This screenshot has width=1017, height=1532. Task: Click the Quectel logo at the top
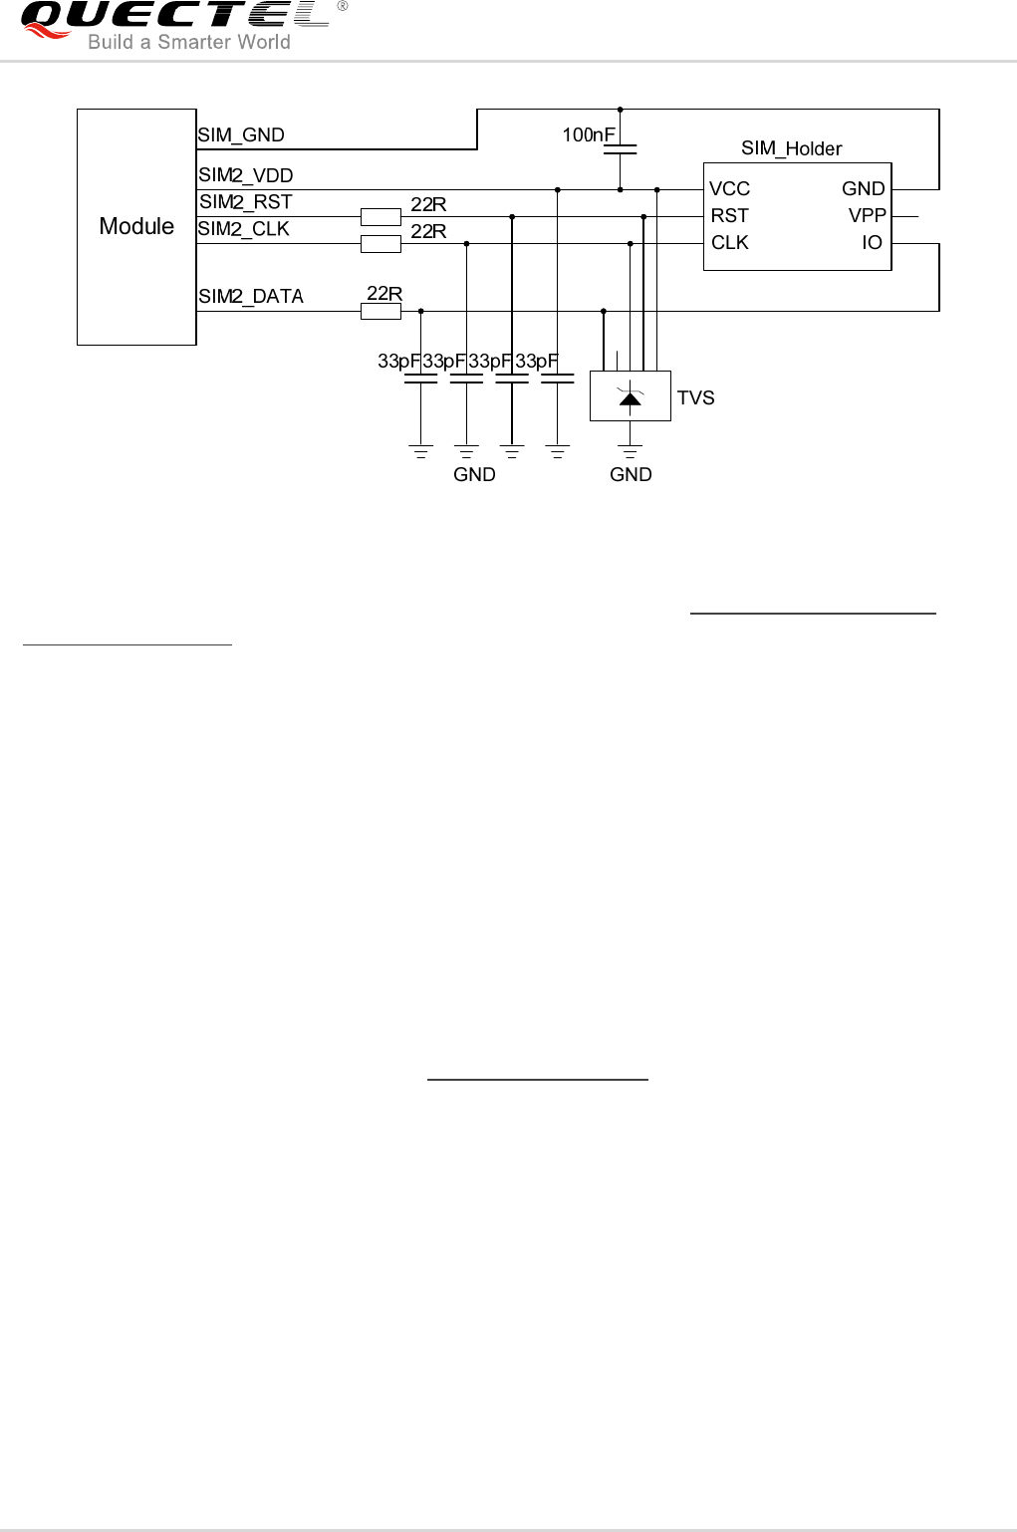[174, 18]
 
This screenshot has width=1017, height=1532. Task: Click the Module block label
[136, 227]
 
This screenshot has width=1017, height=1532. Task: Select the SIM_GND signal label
[241, 135]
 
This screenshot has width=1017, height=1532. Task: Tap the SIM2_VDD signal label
[246, 176]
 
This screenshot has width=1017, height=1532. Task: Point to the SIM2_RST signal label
[246, 202]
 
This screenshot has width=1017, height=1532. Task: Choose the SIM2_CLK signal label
[244, 229]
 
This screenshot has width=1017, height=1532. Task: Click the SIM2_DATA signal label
[251, 296]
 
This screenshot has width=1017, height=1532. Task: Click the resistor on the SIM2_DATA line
[381, 312]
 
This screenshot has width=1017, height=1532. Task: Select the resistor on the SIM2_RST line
[381, 216]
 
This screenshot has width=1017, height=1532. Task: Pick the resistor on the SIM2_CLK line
[381, 244]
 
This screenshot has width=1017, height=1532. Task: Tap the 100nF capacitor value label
[589, 134]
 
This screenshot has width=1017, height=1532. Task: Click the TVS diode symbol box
[630, 395]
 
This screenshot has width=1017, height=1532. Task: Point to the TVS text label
[695, 398]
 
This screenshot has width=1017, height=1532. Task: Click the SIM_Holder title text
[791, 148]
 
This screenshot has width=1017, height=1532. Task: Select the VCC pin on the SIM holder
[729, 189]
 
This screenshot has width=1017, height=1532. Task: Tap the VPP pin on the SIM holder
[867, 216]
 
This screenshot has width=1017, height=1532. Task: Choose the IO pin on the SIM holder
[872, 243]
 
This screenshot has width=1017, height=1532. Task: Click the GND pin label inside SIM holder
[863, 189]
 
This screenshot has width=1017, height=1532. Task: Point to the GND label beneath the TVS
[631, 475]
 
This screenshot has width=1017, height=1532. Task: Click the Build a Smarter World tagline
[189, 42]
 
